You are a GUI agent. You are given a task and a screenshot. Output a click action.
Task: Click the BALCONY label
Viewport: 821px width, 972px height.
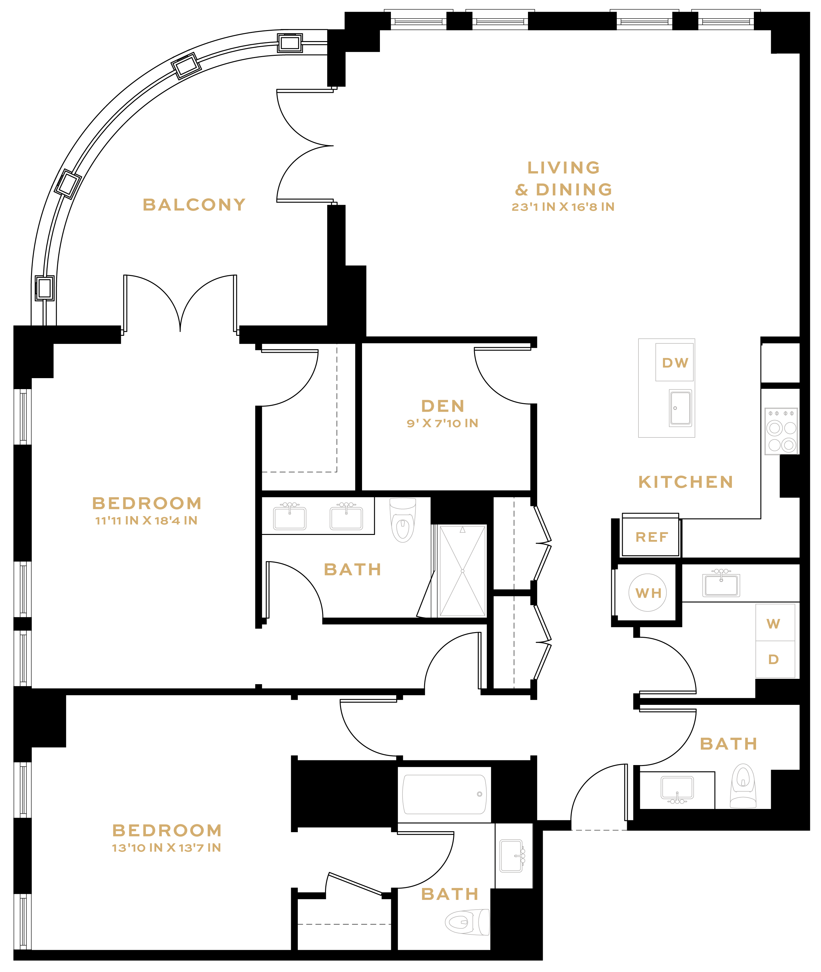pyautogui.click(x=194, y=205)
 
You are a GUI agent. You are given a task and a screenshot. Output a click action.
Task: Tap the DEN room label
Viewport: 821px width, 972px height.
pyautogui.click(x=443, y=406)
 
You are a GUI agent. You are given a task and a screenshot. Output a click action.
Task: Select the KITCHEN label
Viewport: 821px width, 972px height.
pyautogui.click(x=685, y=482)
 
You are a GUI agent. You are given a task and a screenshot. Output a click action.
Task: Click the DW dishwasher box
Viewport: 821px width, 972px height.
pyautogui.click(x=674, y=362)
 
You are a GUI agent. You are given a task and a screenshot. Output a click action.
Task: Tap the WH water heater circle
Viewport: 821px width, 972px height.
pyautogui.click(x=648, y=593)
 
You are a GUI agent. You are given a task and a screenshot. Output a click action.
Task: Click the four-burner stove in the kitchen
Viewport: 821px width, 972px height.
pyautogui.click(x=781, y=431)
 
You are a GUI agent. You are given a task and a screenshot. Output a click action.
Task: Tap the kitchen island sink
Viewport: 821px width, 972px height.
pyautogui.click(x=680, y=408)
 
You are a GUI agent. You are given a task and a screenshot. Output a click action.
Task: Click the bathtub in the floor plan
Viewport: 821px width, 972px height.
pyautogui.click(x=445, y=794)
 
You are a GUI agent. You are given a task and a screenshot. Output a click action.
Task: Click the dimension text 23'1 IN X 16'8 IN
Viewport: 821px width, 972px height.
pyautogui.click(x=563, y=207)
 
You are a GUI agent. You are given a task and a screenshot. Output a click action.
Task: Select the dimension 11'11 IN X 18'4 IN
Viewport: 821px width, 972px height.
pyautogui.click(x=147, y=520)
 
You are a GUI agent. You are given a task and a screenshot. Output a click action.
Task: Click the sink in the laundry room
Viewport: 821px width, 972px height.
pyautogui.click(x=721, y=584)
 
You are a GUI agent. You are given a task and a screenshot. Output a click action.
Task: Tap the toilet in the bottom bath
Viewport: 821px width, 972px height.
pyautogui.click(x=467, y=922)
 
